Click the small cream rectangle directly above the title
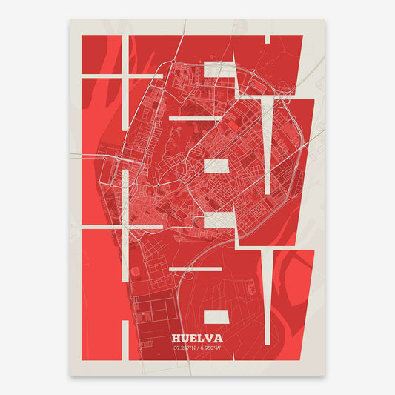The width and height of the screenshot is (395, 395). pos(217,317)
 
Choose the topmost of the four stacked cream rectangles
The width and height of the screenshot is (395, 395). pos(217,69)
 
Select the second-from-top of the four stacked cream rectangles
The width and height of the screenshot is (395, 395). pos(217,166)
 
